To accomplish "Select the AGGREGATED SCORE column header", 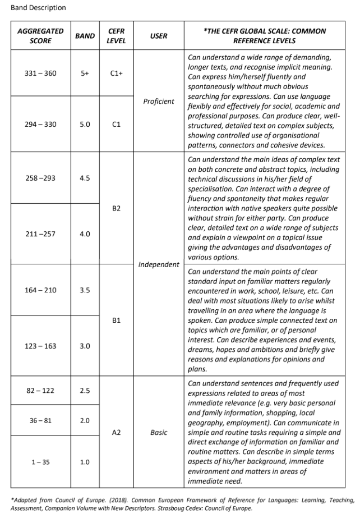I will pos(40,36).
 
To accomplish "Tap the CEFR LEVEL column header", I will pos(116,36).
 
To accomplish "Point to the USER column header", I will pos(159,36).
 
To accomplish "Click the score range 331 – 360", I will pos(41,73).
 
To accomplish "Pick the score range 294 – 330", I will pos(41,124).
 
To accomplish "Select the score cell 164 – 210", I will pos(41,290).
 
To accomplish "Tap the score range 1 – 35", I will pos(41,462).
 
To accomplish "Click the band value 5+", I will pos(85,73).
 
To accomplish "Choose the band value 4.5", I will pos(85,178).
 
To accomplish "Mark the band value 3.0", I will pos(85,346).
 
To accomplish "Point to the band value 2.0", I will pos(85,420).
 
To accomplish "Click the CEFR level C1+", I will pos(116,73).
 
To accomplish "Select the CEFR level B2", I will pos(116,208).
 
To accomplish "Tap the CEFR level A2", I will pos(116,433).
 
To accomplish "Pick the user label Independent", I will pos(159,264).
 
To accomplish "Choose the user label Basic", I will pos(159,433).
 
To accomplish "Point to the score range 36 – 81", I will pos(41,420).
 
